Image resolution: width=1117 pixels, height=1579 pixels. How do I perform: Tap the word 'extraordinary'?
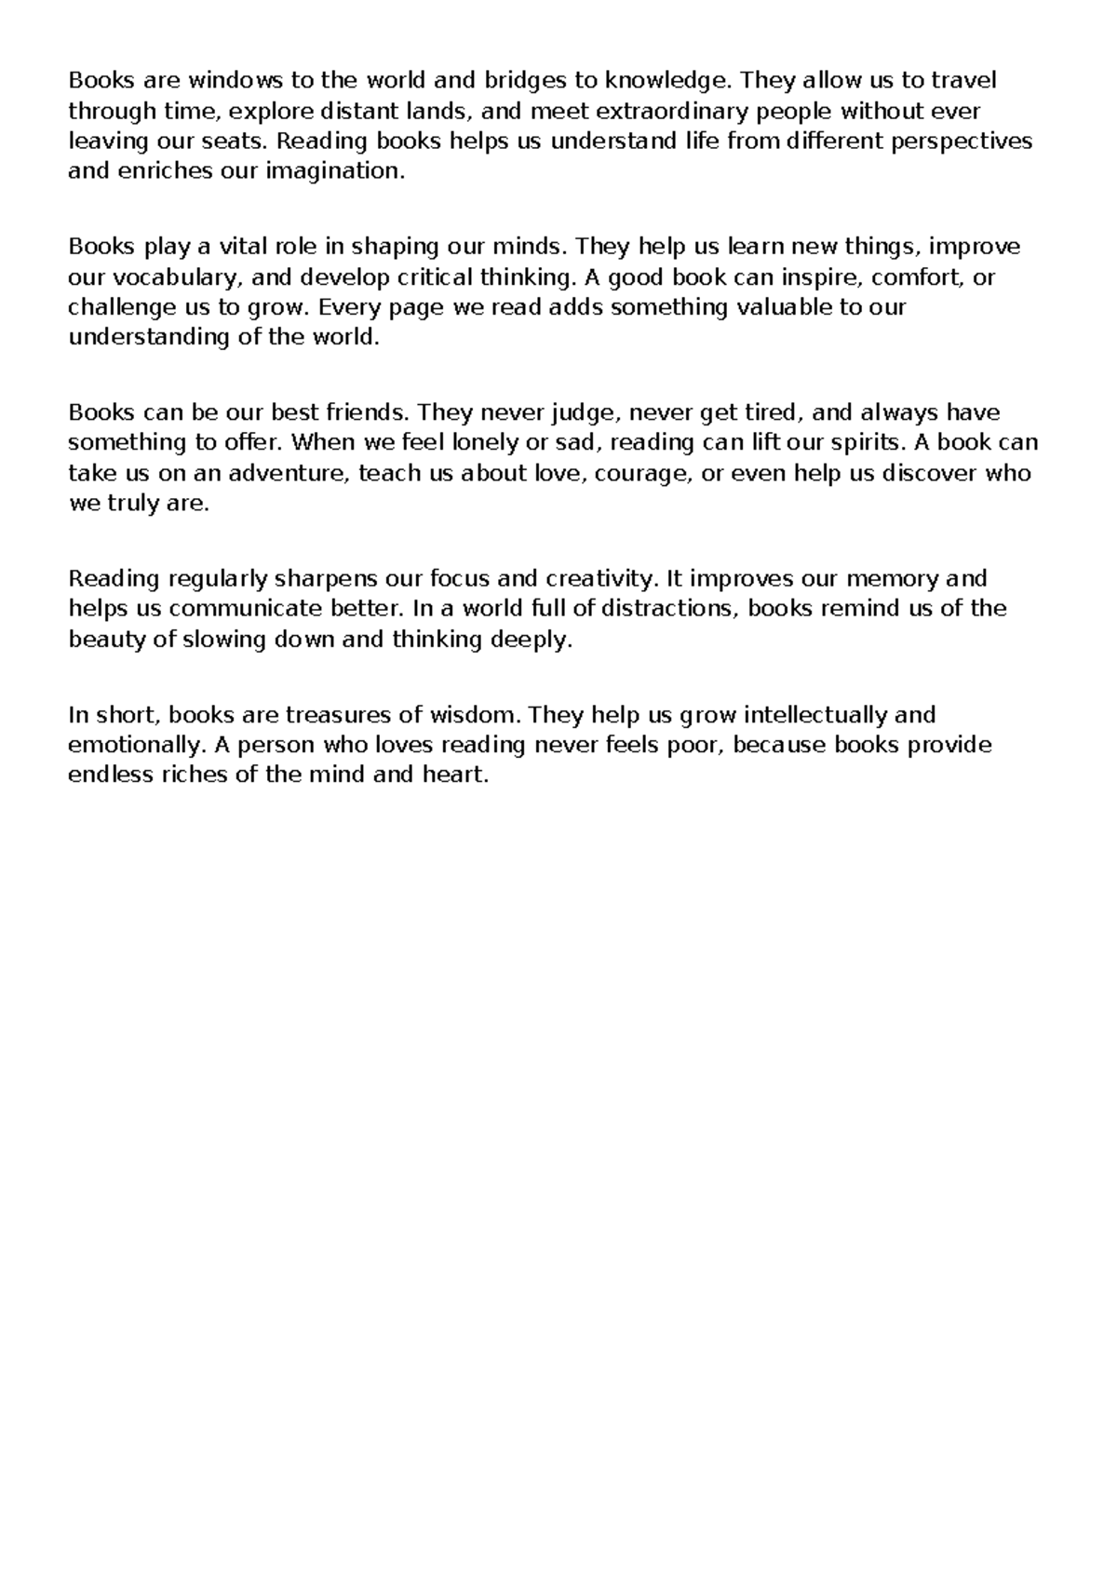[671, 112]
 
